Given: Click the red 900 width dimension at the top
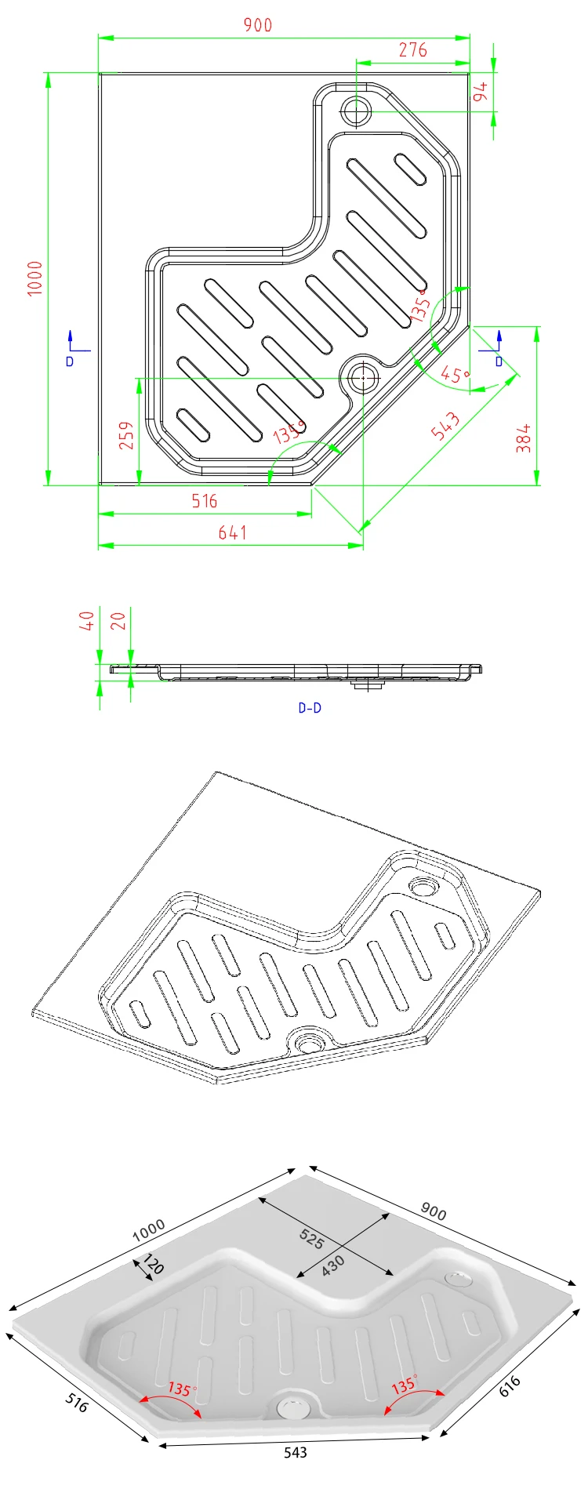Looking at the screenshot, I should (x=257, y=25).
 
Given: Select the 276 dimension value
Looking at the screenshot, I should (x=412, y=50).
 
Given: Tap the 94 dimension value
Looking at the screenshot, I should (x=481, y=91).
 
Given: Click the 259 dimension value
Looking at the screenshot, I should (x=126, y=436).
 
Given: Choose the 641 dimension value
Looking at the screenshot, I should (x=233, y=533).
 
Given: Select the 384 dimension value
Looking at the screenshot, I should (x=524, y=438).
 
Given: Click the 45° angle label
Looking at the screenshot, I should (x=455, y=375).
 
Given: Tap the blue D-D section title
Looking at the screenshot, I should (x=310, y=708).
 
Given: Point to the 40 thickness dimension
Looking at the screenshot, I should (x=88, y=621).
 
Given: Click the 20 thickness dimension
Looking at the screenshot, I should (x=118, y=621).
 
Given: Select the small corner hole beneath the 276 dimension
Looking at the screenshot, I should (x=357, y=111).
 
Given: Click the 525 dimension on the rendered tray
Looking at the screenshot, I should (x=311, y=1239).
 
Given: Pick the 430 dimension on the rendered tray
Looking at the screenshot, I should (x=333, y=1266).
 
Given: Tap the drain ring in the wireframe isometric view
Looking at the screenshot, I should (x=310, y=1044).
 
